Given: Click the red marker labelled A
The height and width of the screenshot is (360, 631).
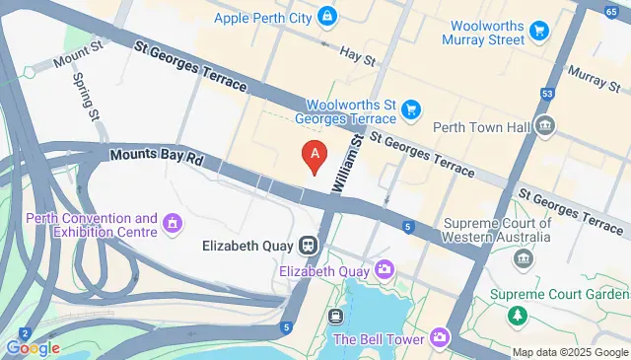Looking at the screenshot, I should (x=315, y=156).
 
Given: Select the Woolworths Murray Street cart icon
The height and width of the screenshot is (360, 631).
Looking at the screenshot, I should (x=538, y=32).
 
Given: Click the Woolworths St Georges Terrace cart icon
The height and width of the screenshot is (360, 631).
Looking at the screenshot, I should (x=411, y=109).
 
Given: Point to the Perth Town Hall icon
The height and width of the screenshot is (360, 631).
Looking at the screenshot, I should (x=543, y=126).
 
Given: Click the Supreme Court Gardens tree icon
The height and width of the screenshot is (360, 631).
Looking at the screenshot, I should (x=515, y=315).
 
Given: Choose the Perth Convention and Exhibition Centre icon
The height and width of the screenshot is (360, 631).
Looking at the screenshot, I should (x=175, y=224).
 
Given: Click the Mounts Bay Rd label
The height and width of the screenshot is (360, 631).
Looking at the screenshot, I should (x=157, y=157).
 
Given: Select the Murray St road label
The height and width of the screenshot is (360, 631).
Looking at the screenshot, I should (x=593, y=77).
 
